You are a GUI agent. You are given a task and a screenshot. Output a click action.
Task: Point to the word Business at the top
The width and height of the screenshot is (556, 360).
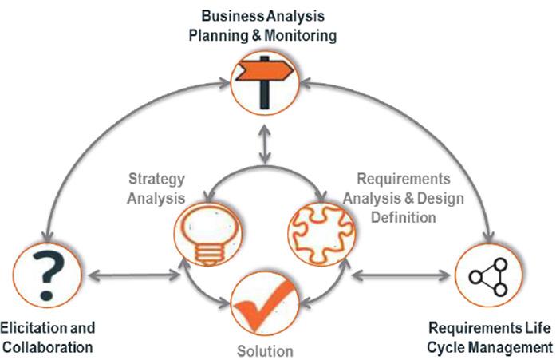232,16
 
